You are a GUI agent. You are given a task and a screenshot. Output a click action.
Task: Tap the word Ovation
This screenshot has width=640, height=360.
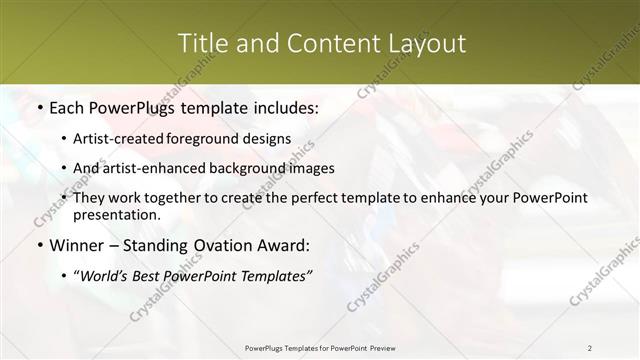tap(236, 245)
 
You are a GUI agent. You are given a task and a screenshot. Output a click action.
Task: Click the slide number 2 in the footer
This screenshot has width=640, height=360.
tap(590, 347)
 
